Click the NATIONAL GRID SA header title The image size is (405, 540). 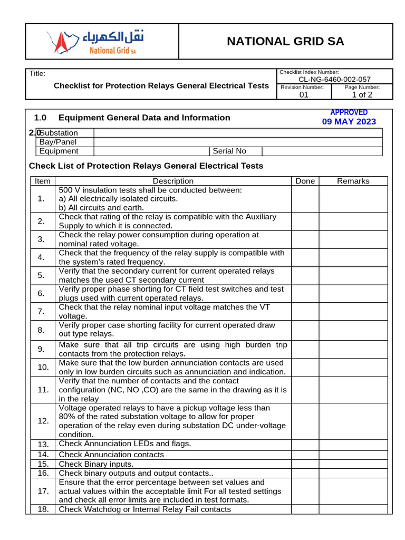285,42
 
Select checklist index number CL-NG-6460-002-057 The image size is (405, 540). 334,79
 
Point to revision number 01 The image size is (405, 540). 304,95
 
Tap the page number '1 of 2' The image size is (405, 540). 362,95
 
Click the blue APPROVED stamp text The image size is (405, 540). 349,112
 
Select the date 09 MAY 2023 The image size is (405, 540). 349,122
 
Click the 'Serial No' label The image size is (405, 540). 229,151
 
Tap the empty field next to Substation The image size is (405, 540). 237,133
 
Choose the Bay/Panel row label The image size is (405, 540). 58,142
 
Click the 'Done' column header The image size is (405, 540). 305,181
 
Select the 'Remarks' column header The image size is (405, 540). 353,181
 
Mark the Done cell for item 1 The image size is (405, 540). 305,199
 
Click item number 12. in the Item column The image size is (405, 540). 43,421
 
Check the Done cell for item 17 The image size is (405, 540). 305,491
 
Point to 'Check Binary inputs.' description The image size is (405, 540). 96,464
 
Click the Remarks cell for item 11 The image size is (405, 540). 353,390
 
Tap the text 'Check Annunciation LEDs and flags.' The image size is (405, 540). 125,443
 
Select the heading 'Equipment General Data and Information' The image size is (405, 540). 144,118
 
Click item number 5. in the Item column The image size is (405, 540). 42,275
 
